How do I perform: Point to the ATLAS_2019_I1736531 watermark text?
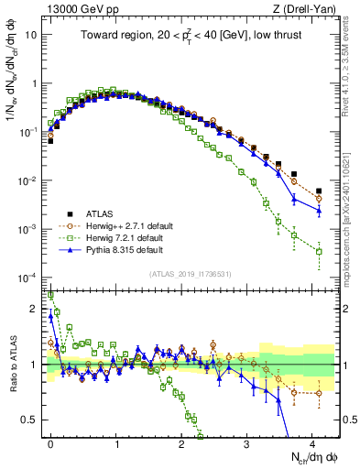pos(191,274)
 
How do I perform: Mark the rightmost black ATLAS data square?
pos(319,191)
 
